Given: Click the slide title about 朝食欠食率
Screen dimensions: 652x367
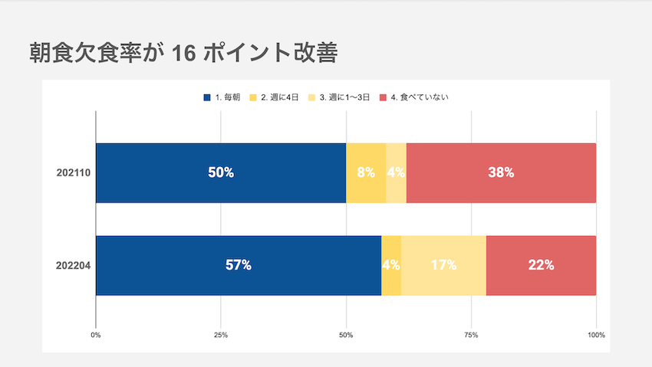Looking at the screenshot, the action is [183, 53].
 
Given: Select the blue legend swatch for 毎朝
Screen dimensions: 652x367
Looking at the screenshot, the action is [207, 97].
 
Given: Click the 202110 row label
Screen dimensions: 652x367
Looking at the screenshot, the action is [74, 172].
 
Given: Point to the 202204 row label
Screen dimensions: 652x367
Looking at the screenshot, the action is [73, 266].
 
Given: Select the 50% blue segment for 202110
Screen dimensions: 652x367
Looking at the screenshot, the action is [221, 173].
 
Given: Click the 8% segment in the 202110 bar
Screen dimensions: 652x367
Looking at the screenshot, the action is [366, 173].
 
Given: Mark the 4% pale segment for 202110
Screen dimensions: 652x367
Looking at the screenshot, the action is [397, 173].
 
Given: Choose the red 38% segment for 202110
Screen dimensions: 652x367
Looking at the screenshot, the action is [501, 173].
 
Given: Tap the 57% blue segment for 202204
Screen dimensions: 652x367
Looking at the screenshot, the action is [239, 266].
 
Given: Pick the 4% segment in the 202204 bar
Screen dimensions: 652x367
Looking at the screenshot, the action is [391, 266].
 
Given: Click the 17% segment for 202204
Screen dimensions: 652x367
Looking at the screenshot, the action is [443, 266].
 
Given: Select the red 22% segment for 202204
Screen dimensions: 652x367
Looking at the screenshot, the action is [541, 266].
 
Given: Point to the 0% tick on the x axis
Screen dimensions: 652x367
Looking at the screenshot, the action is [96, 335].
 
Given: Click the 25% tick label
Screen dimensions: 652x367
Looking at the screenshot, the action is [221, 335].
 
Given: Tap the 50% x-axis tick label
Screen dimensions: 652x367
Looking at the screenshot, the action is [346, 335].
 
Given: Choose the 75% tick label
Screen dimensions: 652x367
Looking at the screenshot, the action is [471, 335].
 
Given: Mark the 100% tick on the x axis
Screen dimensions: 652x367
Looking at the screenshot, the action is [596, 335].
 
